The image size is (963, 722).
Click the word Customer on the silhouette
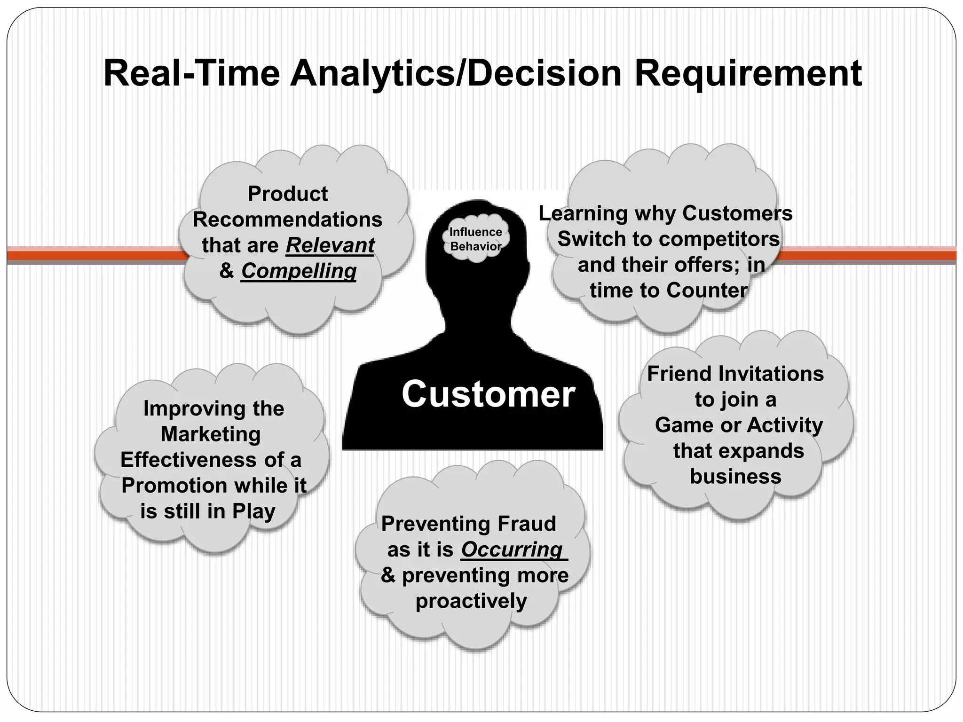point(488,394)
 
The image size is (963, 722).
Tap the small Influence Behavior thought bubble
point(475,239)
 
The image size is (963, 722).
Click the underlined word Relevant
point(330,245)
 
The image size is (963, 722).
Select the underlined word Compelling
point(299,271)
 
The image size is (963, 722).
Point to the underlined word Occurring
point(512,549)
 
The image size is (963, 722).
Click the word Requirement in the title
point(748,73)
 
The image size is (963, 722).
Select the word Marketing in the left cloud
point(211,434)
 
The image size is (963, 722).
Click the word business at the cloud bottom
point(735,476)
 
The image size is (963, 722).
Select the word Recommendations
point(287,220)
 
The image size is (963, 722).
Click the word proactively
point(471,601)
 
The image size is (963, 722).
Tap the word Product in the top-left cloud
point(287,194)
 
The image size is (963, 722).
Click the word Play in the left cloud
point(253,511)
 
